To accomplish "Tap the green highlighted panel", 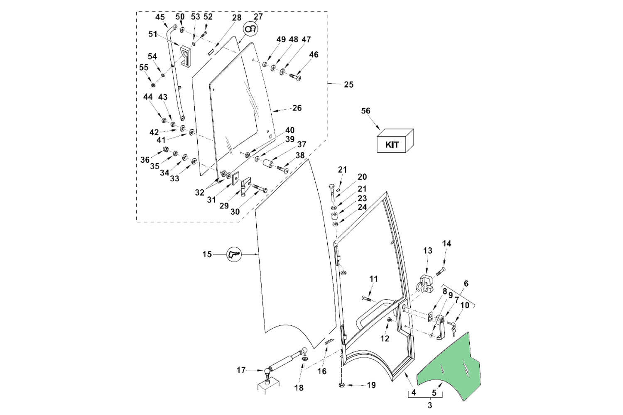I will pyautogui.click(x=451, y=365).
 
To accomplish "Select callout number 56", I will pyautogui.click(x=365, y=111).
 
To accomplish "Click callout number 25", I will pyautogui.click(x=348, y=84).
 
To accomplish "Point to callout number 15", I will pyautogui.click(x=207, y=254).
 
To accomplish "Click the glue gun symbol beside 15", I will pyautogui.click(x=234, y=254).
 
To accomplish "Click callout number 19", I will pyautogui.click(x=371, y=385).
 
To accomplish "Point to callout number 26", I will pyautogui.click(x=297, y=108).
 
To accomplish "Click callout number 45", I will pyautogui.click(x=160, y=17).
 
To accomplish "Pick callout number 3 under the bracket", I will pyautogui.click(x=429, y=405).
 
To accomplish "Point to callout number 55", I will pyautogui.click(x=144, y=67).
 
